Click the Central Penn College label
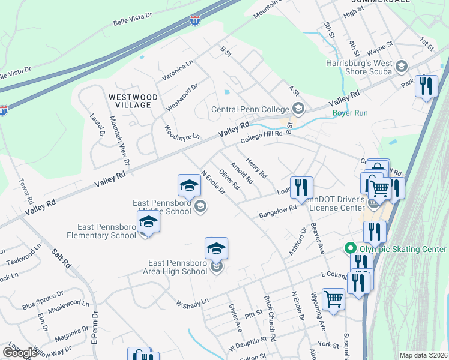(250, 110)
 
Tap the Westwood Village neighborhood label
(133, 101)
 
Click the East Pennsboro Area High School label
(178, 267)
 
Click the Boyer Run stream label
(350, 112)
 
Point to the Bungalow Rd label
(277, 211)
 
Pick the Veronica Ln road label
(178, 71)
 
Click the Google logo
(20, 353)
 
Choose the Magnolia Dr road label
(71, 335)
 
